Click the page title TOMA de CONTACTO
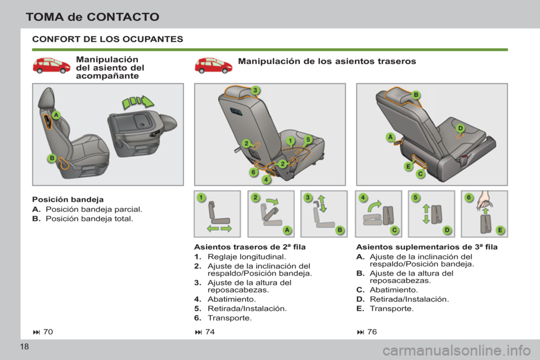pyautogui.click(x=93, y=16)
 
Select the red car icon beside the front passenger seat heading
pyautogui.click(x=51, y=65)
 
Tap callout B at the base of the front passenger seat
pyautogui.click(x=52, y=159)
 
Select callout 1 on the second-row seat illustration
pyautogui.click(x=290, y=139)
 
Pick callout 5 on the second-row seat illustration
pyautogui.click(x=308, y=139)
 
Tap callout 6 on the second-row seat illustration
pyautogui.click(x=254, y=172)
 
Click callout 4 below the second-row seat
pyautogui.click(x=266, y=180)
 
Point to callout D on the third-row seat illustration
pyautogui.click(x=460, y=129)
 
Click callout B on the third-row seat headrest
pyautogui.click(x=416, y=95)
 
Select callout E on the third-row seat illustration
pyautogui.click(x=408, y=166)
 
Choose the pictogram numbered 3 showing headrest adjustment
pyautogui.click(x=323, y=214)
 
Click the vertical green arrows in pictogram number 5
pyautogui.click(x=426, y=214)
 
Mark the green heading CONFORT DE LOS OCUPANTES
pyautogui.click(x=107, y=39)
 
